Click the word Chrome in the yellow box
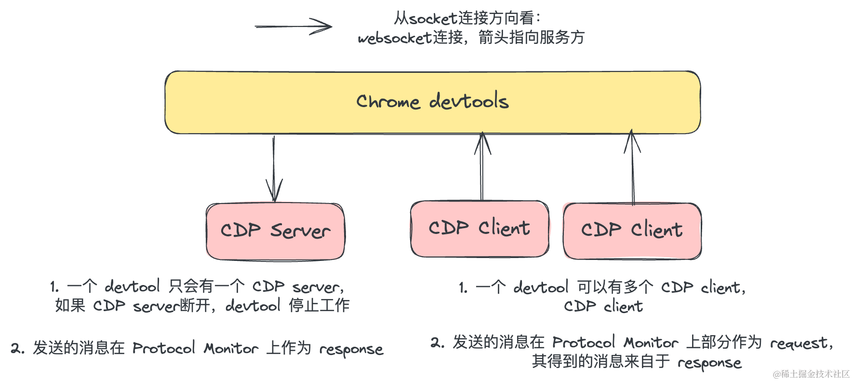[x=388, y=101]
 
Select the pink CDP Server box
[x=275, y=231]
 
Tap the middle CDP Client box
[x=480, y=229]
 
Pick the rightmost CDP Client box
[x=632, y=231]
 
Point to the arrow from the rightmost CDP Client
[x=632, y=166]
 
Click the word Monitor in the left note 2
[x=231, y=348]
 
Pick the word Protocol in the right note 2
[x=583, y=342]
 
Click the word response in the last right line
[x=709, y=363]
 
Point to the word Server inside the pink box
[x=300, y=231]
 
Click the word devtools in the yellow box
[x=468, y=101]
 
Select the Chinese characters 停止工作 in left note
[x=319, y=305]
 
